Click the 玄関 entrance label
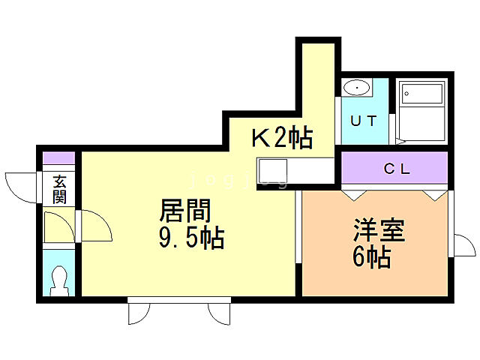tap(59, 188)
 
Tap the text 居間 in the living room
tap(184, 210)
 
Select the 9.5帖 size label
tap(190, 238)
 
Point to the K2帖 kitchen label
tap(281, 137)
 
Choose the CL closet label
tap(397, 169)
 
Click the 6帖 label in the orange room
tap(370, 257)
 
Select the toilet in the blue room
tap(59, 282)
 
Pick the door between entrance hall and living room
tap(93, 226)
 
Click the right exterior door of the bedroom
tap(465, 246)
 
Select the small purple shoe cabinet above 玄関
tap(59, 158)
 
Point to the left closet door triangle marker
tap(349, 193)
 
